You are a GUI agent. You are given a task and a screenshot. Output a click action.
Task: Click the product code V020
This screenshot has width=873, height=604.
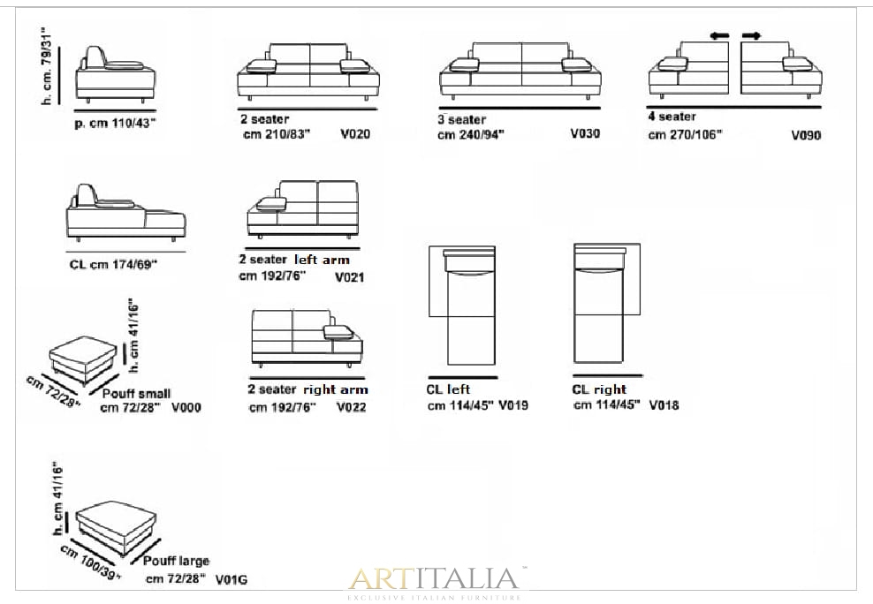click(355, 134)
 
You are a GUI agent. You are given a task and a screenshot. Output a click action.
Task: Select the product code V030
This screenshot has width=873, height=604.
click(585, 133)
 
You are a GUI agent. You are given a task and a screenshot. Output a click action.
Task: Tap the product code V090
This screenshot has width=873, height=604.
click(806, 135)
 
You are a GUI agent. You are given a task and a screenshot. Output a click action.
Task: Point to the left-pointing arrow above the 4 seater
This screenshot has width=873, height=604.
click(719, 36)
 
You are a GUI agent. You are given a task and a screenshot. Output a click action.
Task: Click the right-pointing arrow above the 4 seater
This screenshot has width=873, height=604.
click(752, 36)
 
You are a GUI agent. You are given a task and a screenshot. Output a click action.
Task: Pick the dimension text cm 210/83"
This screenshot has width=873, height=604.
click(277, 134)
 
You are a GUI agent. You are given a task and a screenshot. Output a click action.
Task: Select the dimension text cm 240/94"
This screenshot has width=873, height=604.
click(470, 134)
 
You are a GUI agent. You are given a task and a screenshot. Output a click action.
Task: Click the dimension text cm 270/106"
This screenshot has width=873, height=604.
click(685, 134)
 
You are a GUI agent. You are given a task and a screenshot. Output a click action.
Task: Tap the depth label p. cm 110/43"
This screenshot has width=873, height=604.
click(115, 124)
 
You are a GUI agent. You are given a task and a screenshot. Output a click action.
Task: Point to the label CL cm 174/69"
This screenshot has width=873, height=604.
click(114, 265)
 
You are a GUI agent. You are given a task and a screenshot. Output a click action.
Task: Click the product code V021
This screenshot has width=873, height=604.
click(350, 277)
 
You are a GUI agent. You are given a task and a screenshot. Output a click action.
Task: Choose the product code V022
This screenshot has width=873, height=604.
click(352, 407)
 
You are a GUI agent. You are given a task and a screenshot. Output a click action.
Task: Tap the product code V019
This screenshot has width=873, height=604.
click(513, 405)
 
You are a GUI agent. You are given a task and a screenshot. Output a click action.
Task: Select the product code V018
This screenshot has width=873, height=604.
click(664, 405)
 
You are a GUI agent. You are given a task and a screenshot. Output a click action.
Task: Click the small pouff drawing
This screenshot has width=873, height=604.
click(84, 359)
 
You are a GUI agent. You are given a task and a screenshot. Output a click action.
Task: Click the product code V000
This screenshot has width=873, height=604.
click(186, 408)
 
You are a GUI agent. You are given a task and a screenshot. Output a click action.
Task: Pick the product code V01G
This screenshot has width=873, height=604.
click(231, 580)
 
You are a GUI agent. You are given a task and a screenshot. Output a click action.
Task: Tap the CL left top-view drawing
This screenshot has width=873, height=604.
click(462, 306)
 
